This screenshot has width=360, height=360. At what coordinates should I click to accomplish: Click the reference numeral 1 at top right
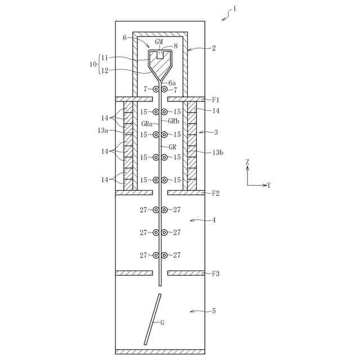click(235, 8)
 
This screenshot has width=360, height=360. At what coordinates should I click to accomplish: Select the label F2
click(215, 193)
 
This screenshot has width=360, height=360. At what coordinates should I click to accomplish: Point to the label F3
click(215, 274)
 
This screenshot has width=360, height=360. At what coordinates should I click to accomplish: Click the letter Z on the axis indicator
click(247, 162)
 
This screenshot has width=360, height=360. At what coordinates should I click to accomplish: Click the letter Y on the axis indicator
click(269, 185)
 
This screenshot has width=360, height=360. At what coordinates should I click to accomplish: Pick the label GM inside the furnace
click(159, 42)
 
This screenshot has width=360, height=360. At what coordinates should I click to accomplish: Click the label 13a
click(102, 130)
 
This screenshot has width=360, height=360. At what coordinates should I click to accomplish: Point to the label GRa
click(148, 123)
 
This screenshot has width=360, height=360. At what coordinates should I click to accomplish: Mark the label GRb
click(173, 121)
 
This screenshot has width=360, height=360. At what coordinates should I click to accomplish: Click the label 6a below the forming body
click(172, 83)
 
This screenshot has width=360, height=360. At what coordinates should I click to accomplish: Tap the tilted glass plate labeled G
click(152, 318)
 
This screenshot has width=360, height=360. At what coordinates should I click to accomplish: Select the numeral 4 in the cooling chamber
click(213, 220)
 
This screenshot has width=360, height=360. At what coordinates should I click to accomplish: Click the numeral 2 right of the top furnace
click(214, 48)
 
